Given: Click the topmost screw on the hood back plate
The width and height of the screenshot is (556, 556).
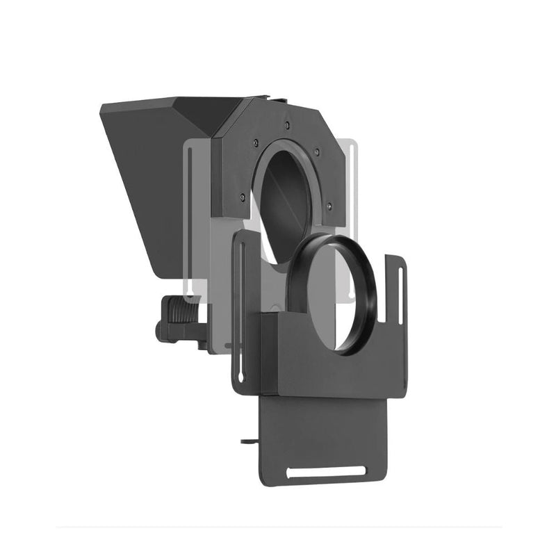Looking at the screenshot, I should [x=286, y=126].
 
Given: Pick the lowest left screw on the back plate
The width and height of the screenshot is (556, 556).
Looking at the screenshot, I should [x=241, y=197].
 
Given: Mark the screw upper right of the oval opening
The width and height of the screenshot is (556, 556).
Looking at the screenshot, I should [x=317, y=151].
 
